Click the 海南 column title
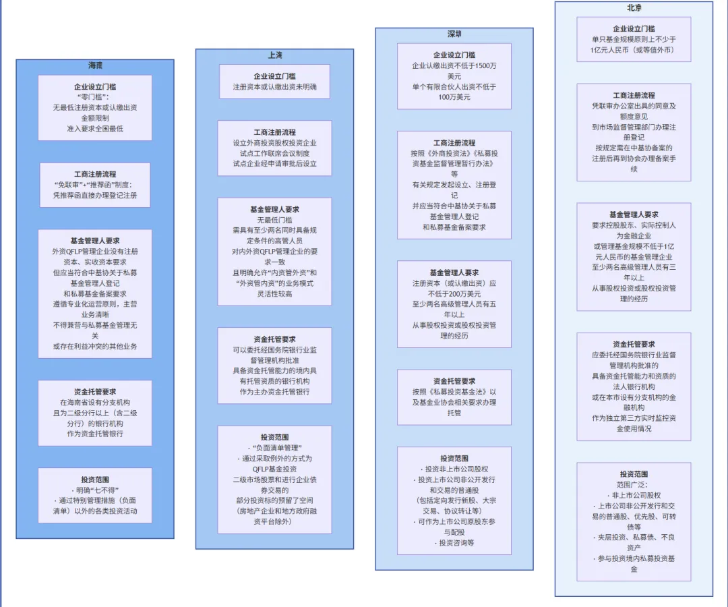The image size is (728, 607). coord(95,65)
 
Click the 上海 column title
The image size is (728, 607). coord(274,55)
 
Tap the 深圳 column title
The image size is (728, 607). coord(454,34)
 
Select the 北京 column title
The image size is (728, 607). coord(634,7)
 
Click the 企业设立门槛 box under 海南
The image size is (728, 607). coord(95,107)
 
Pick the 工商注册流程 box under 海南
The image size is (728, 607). coord(95,184)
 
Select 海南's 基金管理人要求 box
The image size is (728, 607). coord(95,293)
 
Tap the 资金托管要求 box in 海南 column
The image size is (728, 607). coord(95,412)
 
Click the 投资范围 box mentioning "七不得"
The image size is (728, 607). coord(95,495)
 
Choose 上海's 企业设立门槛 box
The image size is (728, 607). coord(274,82)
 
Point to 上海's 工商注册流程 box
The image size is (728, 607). coord(274,148)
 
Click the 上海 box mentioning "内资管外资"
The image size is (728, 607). coord(274,251)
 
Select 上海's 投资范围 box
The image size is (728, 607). coord(274,479)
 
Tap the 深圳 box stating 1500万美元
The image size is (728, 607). coord(454,76)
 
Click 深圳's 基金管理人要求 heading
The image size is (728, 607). coord(454,272)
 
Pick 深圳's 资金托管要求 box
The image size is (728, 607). coord(454,397)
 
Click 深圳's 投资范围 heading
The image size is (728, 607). coord(454,459)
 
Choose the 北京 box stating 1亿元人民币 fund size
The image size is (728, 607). coord(634,39)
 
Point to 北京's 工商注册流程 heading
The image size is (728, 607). coord(634,95)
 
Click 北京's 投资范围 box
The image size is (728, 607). coord(634,521)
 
